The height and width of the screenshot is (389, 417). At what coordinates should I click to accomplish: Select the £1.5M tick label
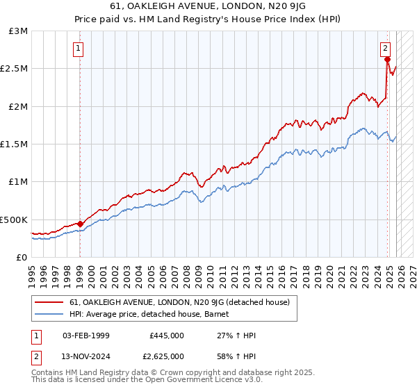tap(15, 144)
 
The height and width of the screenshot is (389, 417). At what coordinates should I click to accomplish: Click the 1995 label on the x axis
tap(32, 270)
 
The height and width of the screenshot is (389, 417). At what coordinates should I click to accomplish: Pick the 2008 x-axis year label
tap(186, 270)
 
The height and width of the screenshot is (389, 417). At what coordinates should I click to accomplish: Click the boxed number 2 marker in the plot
tap(384, 49)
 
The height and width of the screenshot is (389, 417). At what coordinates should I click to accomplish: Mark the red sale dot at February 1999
tap(80, 224)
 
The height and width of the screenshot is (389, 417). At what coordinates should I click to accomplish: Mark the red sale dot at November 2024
tap(387, 60)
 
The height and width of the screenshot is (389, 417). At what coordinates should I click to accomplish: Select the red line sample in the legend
tap(49, 303)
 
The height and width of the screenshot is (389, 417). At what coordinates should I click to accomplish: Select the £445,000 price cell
tap(166, 336)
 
